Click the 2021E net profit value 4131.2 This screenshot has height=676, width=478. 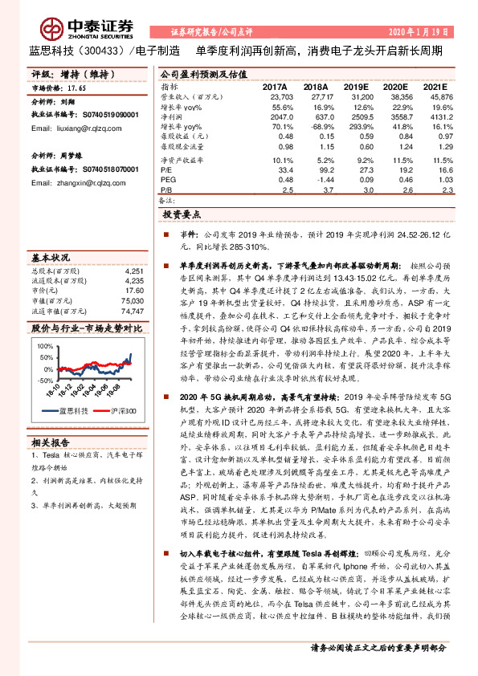pyautogui.click(x=436, y=116)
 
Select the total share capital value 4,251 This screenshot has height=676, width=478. pyautogui.click(x=134, y=271)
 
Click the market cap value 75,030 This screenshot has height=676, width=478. pyautogui.click(x=133, y=300)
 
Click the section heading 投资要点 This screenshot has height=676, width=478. pyautogui.click(x=182, y=215)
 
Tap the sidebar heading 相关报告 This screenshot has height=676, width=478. pyautogui.click(x=52, y=442)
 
